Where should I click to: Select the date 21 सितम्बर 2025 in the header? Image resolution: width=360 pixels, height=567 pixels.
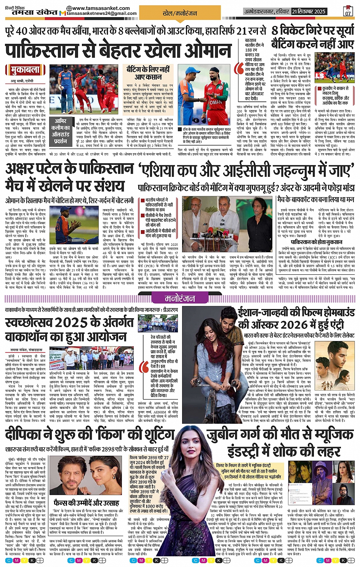pos(309,11)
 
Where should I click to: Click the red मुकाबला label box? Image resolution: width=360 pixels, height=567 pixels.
pos(28,70)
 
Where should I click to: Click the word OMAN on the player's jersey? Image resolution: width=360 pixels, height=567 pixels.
pos(216,102)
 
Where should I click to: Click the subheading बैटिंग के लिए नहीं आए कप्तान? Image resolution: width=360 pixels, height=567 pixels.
pos(149,73)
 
